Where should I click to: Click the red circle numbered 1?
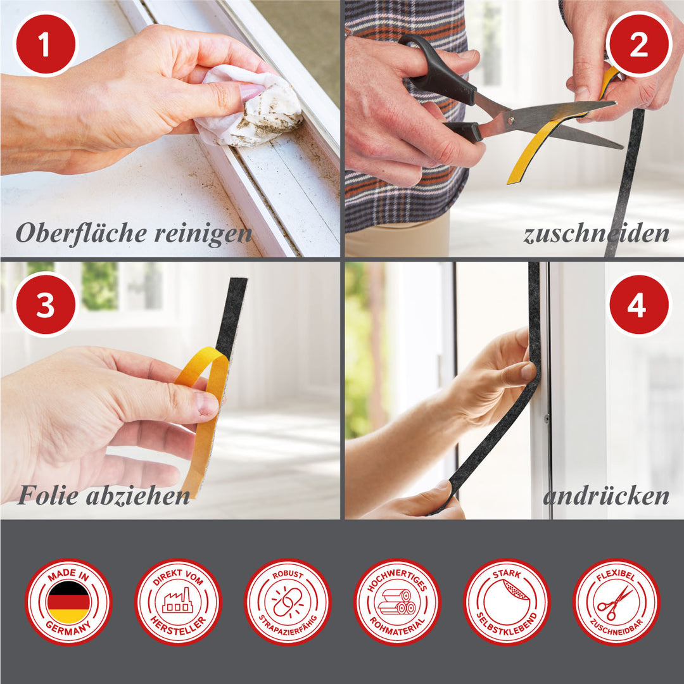tap(46, 44)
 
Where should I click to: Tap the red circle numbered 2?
tap(638, 44)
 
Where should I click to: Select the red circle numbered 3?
tap(46, 305)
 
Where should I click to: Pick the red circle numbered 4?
tap(638, 305)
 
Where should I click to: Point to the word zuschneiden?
tap(596, 234)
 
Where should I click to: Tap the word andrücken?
tap(606, 496)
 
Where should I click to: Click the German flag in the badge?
tap(68, 602)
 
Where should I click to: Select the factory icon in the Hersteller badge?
tap(177, 600)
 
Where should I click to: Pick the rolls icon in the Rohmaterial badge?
tap(396, 602)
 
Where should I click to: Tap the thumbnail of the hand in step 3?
tap(206, 403)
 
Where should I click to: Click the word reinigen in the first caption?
tap(203, 234)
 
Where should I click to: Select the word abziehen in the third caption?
tap(138, 495)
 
